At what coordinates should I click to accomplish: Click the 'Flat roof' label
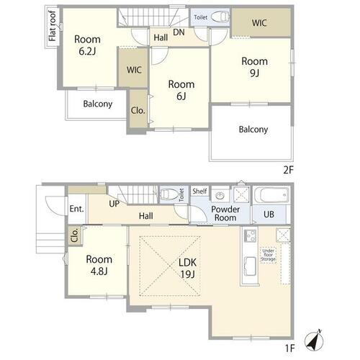(52, 26)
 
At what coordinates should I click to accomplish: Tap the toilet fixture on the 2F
(220, 17)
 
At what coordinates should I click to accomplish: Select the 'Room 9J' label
(254, 67)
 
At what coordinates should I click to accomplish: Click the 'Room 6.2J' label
(87, 45)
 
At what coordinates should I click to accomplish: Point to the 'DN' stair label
(179, 32)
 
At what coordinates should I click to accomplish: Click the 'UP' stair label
(114, 204)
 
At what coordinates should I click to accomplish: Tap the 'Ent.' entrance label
(76, 209)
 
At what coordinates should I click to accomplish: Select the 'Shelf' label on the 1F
(199, 191)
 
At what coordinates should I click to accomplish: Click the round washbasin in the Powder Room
(220, 196)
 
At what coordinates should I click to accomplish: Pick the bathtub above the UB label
(271, 194)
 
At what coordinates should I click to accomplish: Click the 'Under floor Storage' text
(268, 255)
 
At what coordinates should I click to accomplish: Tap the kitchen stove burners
(251, 235)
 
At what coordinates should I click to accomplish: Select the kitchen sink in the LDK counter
(251, 266)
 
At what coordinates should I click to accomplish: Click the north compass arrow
(314, 341)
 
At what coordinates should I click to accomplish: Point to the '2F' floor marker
(288, 170)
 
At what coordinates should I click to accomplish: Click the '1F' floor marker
(289, 348)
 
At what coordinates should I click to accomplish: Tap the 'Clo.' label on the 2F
(138, 110)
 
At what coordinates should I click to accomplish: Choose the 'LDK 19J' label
(187, 269)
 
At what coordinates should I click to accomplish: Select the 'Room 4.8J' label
(99, 265)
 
